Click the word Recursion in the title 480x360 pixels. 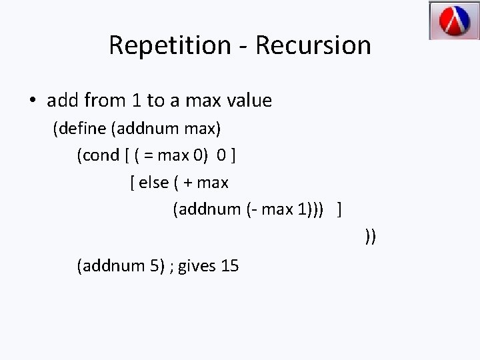pyautogui.click(x=313, y=45)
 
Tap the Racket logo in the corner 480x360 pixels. pyautogui.click(x=454, y=21)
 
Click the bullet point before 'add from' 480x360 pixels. pyautogui.click(x=32, y=101)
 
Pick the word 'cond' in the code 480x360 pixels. pyautogui.click(x=101, y=155)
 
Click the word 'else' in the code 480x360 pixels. pyautogui.click(x=153, y=182)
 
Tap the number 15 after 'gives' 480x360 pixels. pyautogui.click(x=229, y=266)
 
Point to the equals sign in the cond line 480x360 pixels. pyautogui.click(x=148, y=156)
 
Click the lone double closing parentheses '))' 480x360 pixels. pyautogui.click(x=370, y=236)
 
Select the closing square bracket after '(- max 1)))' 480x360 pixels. pyautogui.click(x=341, y=209)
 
